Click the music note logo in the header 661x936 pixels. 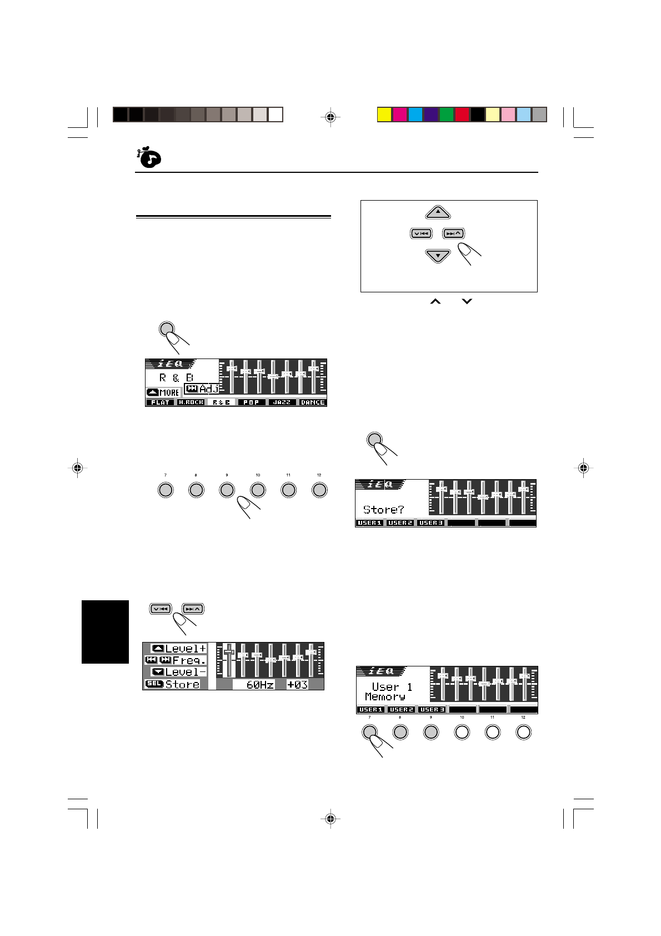tap(148, 158)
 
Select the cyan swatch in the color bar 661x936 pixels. tap(415, 114)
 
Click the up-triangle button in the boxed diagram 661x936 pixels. tap(438, 212)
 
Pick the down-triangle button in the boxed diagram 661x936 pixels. tap(438, 256)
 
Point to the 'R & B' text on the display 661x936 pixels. tap(176, 378)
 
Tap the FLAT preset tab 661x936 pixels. tap(161, 402)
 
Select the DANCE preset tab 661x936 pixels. tap(312, 402)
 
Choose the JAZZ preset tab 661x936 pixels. tap(282, 402)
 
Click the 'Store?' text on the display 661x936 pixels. tap(384, 509)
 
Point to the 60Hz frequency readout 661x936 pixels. tap(259, 685)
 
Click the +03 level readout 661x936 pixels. tap(297, 685)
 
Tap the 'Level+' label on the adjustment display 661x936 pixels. tap(186, 649)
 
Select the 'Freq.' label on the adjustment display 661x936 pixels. tap(189, 660)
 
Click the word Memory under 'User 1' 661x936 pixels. tap(385, 697)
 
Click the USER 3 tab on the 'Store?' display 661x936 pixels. tap(430, 523)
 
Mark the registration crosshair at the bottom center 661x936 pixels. tap(330, 818)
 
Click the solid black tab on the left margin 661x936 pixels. tap(105, 632)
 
